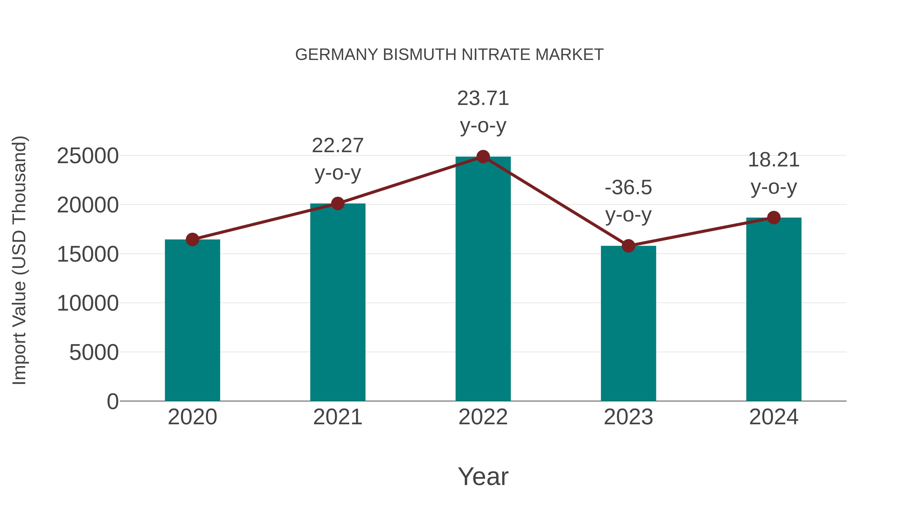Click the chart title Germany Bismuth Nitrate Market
[x=449, y=55]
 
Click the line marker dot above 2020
[x=192, y=240]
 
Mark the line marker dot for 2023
[x=628, y=246]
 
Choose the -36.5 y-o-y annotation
[x=628, y=201]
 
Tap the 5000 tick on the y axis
[x=94, y=352]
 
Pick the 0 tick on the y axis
[x=113, y=402]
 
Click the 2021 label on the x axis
[x=338, y=417]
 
